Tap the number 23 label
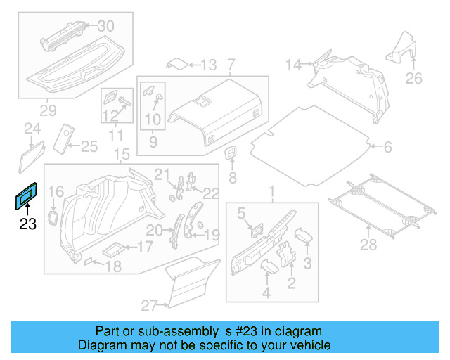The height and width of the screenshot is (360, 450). pos(27,225)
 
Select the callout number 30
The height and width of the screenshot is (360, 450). pos(105,26)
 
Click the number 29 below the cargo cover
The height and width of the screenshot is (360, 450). pos(47,110)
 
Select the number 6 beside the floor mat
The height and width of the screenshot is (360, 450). pos(387,147)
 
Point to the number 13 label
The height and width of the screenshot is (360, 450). pos(209,65)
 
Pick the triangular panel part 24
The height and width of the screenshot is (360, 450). pos(31,155)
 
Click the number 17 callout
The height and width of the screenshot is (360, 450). pos(144,247)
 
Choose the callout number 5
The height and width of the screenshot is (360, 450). pos(240,213)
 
